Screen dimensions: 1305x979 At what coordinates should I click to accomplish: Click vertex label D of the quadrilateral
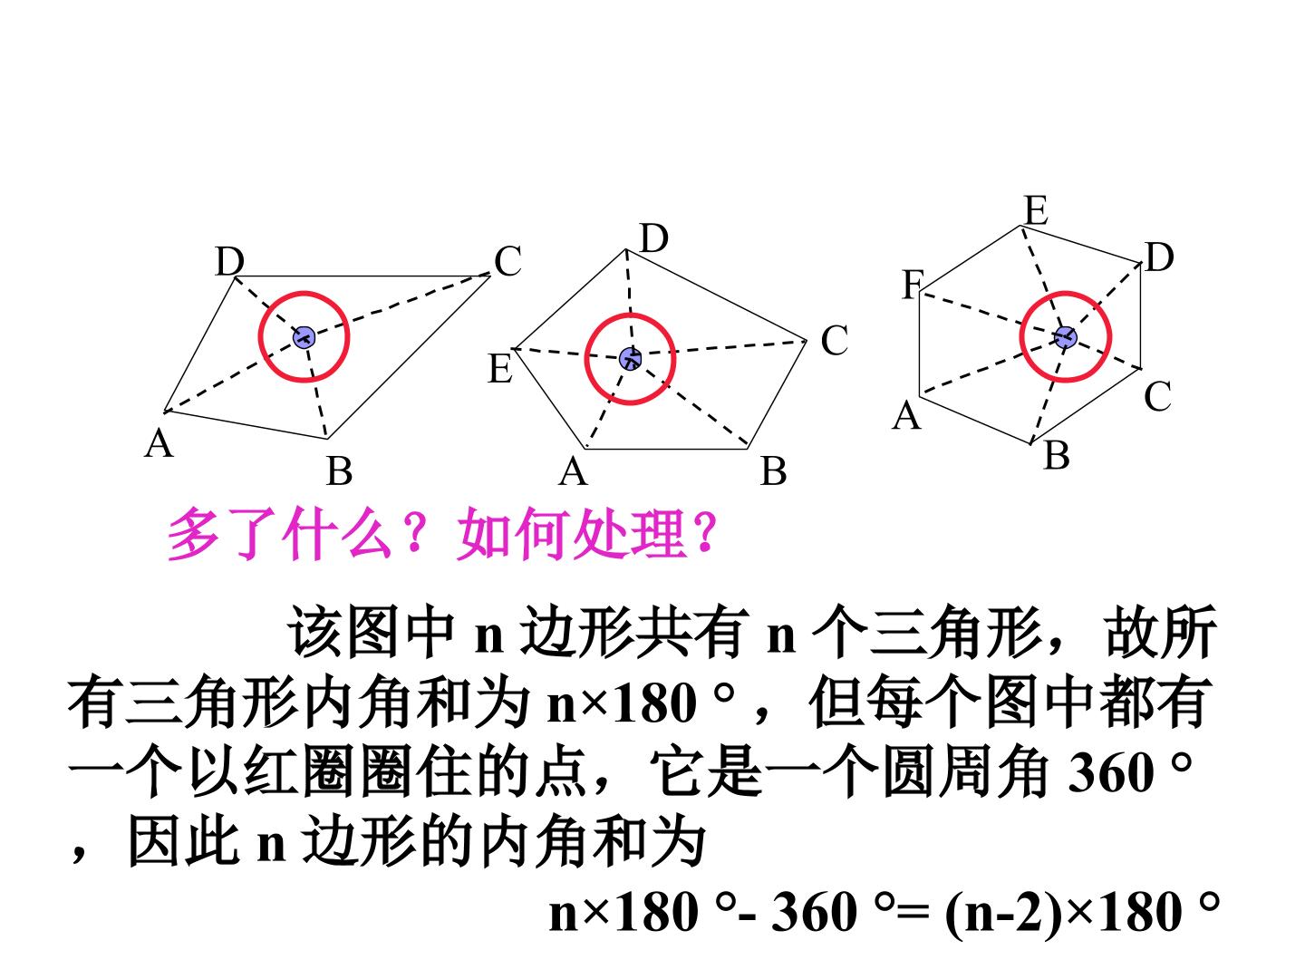point(229,262)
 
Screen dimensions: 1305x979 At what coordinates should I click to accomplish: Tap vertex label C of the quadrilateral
point(508,261)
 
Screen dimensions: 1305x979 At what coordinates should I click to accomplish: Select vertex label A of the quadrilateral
point(159,443)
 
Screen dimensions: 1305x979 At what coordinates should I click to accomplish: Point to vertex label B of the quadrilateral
point(340,471)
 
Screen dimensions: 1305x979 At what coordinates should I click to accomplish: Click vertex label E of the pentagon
point(500,369)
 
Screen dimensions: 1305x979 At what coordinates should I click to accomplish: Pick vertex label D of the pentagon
point(654,239)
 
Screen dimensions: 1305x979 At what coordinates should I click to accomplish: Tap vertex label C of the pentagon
point(834,341)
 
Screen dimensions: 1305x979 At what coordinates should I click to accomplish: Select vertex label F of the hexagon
point(913,285)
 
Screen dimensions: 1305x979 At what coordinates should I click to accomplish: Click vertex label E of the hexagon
point(1036,210)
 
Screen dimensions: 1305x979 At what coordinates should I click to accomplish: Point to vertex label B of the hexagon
point(1057,457)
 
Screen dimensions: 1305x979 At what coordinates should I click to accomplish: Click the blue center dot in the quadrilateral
point(304,337)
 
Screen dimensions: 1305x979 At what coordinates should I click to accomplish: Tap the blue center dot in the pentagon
point(630,358)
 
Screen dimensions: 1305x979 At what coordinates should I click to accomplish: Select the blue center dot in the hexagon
point(1065,337)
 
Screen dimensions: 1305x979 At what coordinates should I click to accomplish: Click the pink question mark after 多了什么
point(416,533)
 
